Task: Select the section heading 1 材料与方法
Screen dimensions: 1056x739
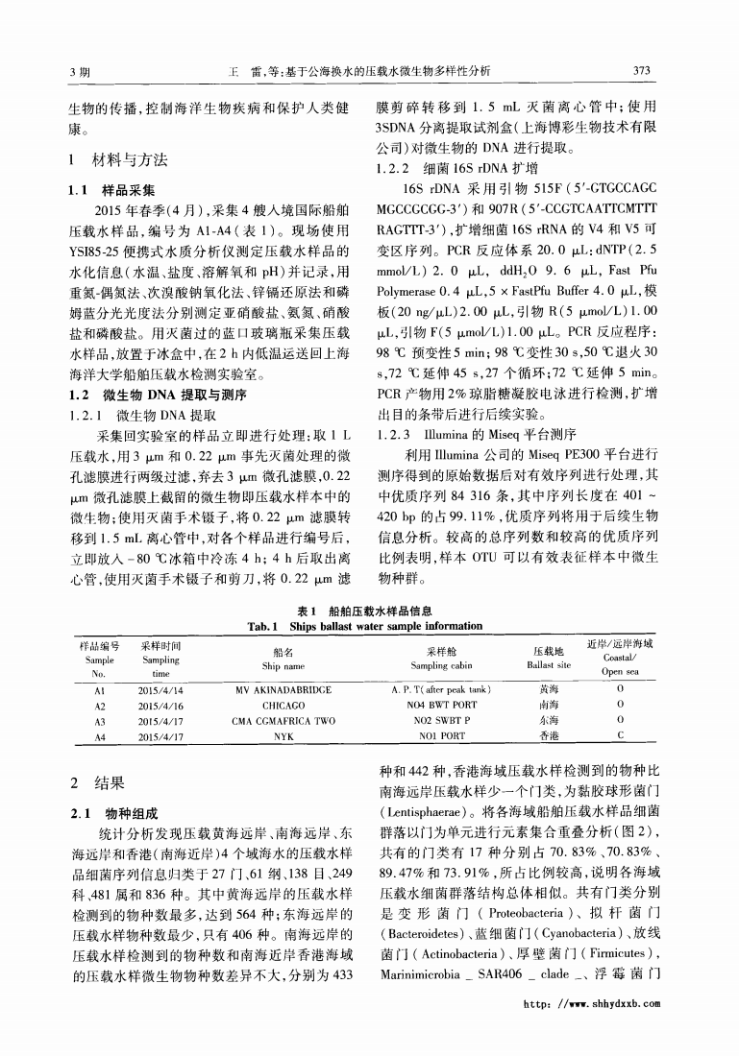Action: pos(115,158)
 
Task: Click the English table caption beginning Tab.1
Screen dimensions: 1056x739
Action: pos(365,626)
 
